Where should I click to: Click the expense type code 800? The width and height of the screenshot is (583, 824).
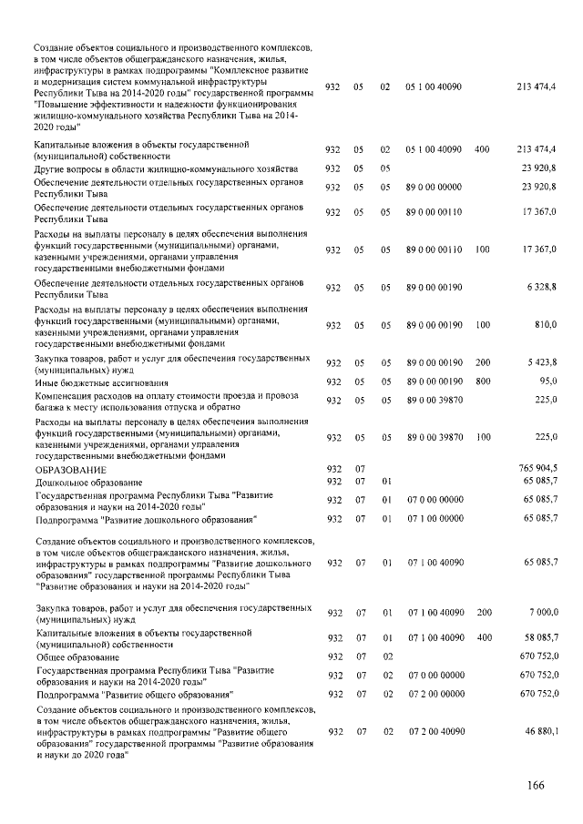[482, 382]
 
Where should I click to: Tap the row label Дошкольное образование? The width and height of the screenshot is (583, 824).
[89, 481]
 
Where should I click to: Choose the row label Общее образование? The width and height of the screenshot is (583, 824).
[78, 656]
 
